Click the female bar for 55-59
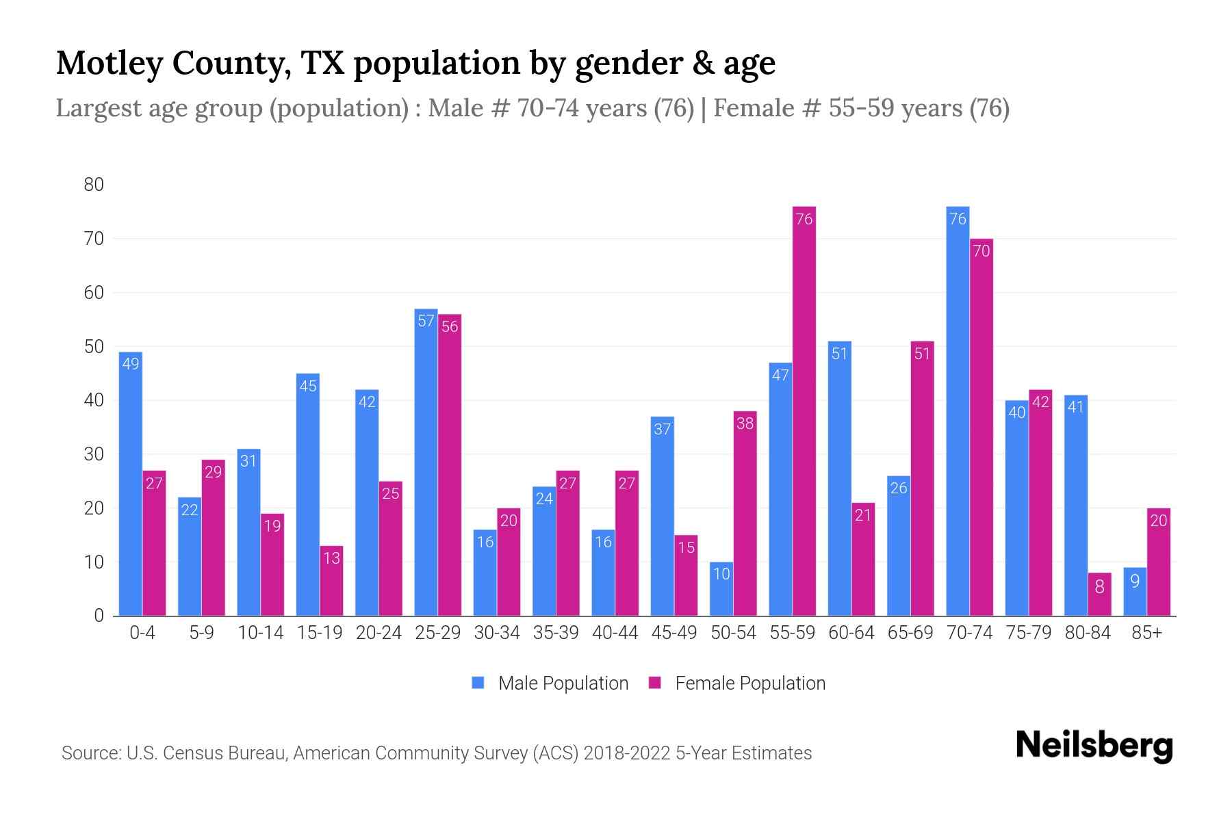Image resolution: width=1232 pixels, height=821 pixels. [804, 410]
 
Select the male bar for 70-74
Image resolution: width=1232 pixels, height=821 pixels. [958, 410]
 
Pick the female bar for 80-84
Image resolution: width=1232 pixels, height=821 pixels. [1099, 595]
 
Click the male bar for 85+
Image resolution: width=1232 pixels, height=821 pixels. [1135, 592]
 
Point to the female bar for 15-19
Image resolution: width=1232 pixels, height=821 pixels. [331, 582]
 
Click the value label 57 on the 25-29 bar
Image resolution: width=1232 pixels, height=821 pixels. [426, 321]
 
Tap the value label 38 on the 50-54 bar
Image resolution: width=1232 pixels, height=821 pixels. [745, 423]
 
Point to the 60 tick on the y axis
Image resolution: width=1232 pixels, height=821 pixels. [94, 293]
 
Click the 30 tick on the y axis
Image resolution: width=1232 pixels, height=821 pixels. [94, 454]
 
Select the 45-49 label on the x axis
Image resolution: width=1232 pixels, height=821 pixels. [673, 633]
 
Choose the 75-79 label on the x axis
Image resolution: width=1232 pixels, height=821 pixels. [1028, 633]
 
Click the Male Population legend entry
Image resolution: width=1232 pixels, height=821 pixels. [563, 683]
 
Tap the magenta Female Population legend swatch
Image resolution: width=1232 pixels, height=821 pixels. [655, 683]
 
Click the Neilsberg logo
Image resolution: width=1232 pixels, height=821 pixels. [1094, 746]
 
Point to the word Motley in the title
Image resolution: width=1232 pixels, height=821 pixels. [110, 64]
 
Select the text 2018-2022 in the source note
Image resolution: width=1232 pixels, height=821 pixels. [626, 753]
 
